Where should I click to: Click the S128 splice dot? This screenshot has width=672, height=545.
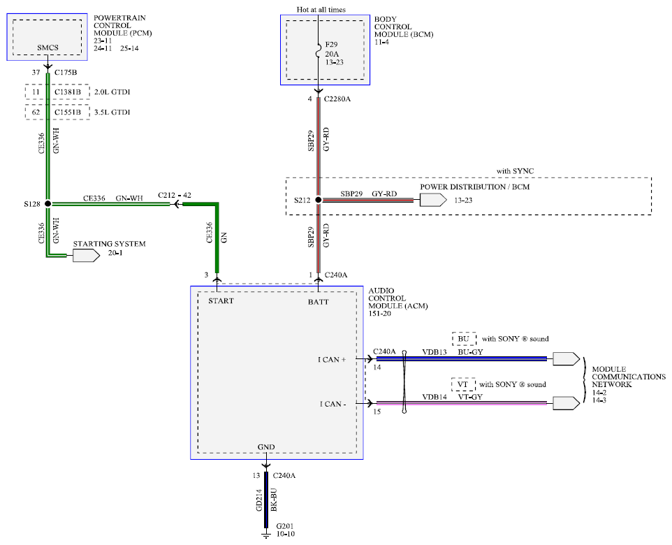click(x=48, y=204)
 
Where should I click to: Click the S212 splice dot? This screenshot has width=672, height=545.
click(x=319, y=200)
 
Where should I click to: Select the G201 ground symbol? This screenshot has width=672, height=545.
click(x=266, y=535)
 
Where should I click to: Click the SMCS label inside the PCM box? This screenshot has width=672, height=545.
click(x=48, y=48)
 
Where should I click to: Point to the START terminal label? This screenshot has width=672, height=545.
click(x=221, y=300)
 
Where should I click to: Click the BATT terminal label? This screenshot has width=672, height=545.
click(x=318, y=302)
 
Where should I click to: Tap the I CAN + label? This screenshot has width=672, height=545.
click(x=332, y=359)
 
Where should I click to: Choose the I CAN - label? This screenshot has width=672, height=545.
click(x=333, y=404)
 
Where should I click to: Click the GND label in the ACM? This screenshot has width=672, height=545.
click(x=266, y=446)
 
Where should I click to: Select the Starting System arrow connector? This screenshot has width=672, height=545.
click(x=86, y=256)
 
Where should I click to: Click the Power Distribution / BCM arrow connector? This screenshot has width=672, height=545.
click(x=433, y=200)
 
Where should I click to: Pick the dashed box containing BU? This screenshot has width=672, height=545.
click(x=464, y=339)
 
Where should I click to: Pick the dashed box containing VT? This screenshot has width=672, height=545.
click(x=463, y=384)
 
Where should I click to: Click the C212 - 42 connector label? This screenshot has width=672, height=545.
click(x=175, y=195)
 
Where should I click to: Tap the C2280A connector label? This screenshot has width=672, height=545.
click(x=337, y=99)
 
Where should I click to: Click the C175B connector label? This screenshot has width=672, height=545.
click(x=66, y=73)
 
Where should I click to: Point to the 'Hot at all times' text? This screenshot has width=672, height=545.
click(x=321, y=10)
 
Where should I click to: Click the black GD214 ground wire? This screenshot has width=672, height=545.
click(x=266, y=500)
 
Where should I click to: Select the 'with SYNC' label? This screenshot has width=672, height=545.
click(x=515, y=171)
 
